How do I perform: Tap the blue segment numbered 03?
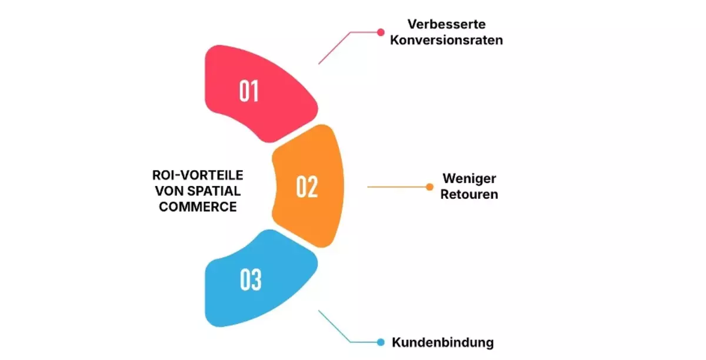(x=258, y=279)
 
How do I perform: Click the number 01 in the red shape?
(x=249, y=91)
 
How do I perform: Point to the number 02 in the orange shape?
(x=307, y=186)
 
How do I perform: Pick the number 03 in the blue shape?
(x=251, y=279)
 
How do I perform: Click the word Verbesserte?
(x=447, y=24)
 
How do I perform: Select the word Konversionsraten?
(x=447, y=40)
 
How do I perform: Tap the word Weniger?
(x=469, y=179)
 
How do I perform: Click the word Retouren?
(x=469, y=194)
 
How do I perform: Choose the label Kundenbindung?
(x=443, y=342)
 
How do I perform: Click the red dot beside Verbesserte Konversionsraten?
(x=381, y=32)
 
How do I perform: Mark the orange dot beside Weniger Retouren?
(x=429, y=187)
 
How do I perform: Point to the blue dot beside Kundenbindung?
(x=381, y=342)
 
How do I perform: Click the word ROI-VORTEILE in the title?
(x=198, y=175)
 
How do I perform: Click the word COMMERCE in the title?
(x=198, y=207)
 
